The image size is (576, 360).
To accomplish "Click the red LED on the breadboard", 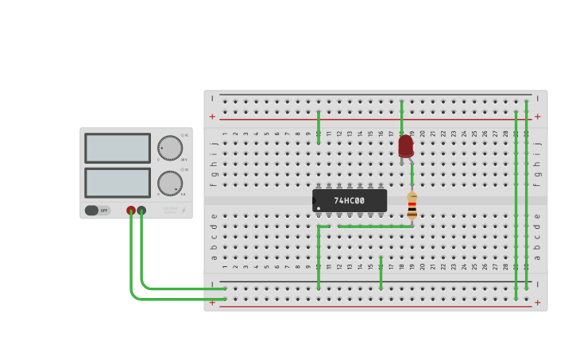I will [406, 145].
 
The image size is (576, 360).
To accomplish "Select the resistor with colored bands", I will [412, 206].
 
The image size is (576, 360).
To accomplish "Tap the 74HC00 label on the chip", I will [349, 201].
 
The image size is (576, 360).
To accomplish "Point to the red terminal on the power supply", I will [131, 211].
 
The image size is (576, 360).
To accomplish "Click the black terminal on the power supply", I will [141, 211].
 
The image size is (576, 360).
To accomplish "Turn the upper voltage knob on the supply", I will [169, 148].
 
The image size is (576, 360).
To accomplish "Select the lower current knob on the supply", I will [169, 183].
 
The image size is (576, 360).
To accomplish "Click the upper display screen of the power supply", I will [118, 148].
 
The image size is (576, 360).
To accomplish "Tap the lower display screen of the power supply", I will [118, 183].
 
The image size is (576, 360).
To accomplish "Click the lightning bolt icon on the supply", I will [184, 211].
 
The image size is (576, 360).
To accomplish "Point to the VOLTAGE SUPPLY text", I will [169, 211].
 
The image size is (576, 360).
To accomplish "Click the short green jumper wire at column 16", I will [381, 273].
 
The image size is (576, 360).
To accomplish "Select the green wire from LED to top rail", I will [401, 118].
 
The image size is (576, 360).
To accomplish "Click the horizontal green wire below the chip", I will [373, 226].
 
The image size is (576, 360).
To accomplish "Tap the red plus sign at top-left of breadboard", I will [212, 117].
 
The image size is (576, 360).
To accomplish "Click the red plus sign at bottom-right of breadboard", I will [537, 302].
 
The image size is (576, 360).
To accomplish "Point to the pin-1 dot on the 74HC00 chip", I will [319, 208].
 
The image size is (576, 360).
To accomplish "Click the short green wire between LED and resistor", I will [412, 173].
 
